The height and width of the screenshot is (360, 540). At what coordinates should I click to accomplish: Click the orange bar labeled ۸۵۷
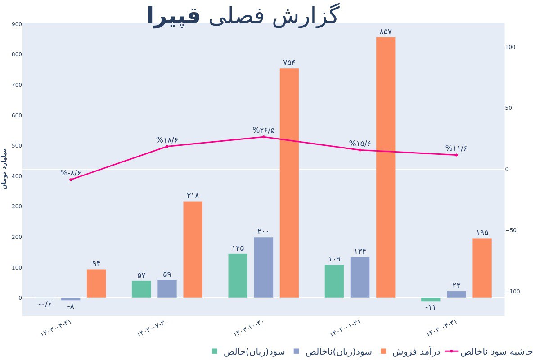click(386, 167)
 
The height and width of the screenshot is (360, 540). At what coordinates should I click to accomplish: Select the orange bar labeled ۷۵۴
click(289, 183)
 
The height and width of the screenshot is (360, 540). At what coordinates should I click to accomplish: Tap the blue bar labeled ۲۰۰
click(263, 267)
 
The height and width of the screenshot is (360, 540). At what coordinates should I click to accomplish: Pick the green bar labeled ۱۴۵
click(238, 276)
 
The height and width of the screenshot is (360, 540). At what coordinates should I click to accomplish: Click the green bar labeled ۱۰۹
click(334, 281)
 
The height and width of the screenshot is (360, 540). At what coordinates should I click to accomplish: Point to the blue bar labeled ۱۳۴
click(360, 277)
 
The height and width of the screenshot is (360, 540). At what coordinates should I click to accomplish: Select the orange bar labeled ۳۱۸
click(193, 249)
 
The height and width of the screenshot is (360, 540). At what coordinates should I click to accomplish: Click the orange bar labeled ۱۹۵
click(482, 268)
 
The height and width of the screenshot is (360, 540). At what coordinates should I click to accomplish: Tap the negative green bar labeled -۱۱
click(431, 300)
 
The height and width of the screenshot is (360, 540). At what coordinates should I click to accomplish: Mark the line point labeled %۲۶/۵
click(264, 137)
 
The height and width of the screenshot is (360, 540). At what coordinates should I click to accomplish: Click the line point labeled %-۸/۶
click(71, 180)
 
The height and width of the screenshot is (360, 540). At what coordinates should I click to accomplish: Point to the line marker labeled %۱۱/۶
click(456, 155)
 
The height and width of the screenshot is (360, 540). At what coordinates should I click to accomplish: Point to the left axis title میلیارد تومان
click(5, 168)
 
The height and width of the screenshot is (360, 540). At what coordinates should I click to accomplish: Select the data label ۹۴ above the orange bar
click(96, 263)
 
